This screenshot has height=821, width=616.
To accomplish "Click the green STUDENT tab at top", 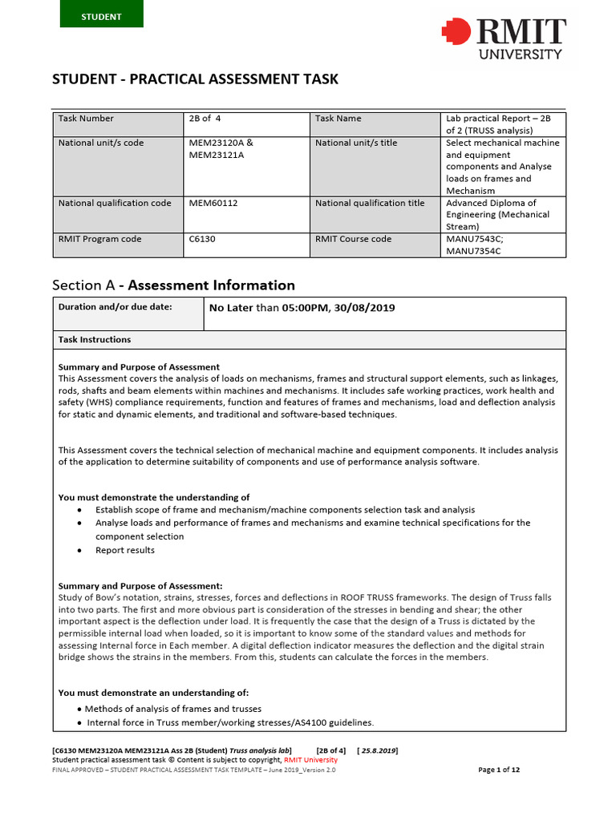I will [x=101, y=16].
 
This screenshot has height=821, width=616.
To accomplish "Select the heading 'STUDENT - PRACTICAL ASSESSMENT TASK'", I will [x=195, y=79].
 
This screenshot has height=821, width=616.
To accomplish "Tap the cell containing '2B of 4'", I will [x=205, y=119].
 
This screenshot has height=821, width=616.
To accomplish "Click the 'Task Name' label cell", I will [x=338, y=119].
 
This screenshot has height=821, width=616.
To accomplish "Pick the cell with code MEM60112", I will [x=213, y=204].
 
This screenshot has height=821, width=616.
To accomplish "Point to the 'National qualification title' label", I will [x=370, y=204].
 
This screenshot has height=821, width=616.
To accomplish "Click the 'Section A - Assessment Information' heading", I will [x=173, y=285].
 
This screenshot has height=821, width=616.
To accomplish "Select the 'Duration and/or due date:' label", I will [x=115, y=306].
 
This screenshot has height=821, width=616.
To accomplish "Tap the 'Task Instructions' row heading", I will [x=95, y=339].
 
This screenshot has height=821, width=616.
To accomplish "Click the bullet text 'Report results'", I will [x=125, y=550].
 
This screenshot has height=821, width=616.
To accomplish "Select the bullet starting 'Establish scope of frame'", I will [x=285, y=510].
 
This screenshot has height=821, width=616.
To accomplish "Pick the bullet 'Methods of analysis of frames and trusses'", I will [x=172, y=709].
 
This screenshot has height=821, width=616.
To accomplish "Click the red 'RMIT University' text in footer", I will [x=310, y=760].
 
